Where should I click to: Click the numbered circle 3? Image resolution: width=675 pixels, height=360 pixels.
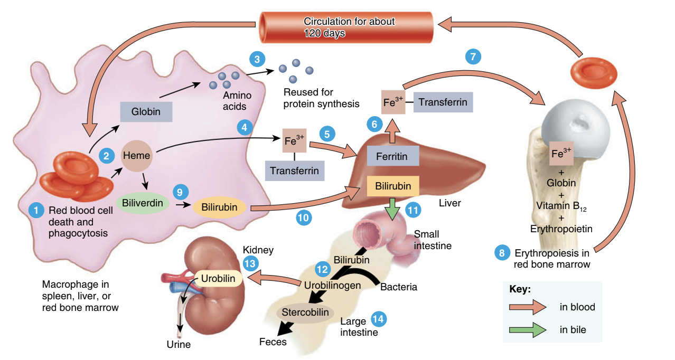[257, 59]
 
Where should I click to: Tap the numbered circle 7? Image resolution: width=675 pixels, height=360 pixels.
[473, 56]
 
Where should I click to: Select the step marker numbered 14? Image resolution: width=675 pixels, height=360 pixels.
[378, 318]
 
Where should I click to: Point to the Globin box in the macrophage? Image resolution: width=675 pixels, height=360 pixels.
[146, 112]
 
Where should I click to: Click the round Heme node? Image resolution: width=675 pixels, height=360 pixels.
[137, 156]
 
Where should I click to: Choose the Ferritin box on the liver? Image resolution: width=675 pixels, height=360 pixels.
[393, 156]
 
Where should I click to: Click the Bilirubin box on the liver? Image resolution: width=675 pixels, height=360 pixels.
[393, 186]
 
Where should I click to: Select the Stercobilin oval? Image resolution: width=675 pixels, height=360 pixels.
[306, 312]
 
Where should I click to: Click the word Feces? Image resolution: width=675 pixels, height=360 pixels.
[273, 342]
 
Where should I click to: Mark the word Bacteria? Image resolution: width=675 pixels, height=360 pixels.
[399, 287]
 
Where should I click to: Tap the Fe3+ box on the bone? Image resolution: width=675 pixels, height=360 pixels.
[561, 154]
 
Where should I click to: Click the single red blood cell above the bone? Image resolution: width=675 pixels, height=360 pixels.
[595, 72]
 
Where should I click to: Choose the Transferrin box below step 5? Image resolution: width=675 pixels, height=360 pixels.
[295, 170]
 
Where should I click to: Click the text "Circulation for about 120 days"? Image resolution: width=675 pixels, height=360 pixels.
[349, 27]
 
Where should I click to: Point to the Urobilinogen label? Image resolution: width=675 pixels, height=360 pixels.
[333, 285]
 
